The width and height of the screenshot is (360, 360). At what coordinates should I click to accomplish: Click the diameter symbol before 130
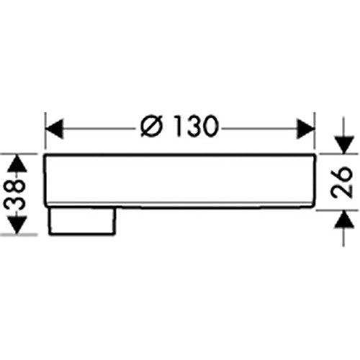[x=151, y=126]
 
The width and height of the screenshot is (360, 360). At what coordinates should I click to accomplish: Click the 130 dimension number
[x=196, y=125]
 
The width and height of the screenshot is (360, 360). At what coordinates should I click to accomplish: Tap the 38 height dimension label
[x=15, y=194]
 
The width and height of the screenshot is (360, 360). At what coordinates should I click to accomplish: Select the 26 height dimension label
[x=343, y=181]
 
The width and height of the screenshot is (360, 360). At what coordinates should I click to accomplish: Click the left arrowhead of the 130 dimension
[x=54, y=129]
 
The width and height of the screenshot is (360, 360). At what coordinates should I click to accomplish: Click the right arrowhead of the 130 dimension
[x=305, y=129]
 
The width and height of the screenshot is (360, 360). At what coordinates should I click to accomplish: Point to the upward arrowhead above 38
[x=17, y=163]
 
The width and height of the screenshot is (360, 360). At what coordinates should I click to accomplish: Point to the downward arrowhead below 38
[x=17, y=225]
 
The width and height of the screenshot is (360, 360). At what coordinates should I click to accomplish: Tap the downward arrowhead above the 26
[x=344, y=145]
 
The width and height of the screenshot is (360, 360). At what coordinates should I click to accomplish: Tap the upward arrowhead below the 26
[x=344, y=219]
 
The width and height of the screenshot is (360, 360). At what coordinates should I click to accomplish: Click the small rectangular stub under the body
[x=82, y=220]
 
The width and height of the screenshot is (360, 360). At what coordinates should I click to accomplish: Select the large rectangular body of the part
[x=179, y=180]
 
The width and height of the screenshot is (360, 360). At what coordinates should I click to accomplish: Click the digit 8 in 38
[x=15, y=187]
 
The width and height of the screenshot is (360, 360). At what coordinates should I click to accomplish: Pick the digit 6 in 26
[x=343, y=174]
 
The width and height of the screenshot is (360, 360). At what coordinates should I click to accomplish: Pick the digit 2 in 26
[x=343, y=190]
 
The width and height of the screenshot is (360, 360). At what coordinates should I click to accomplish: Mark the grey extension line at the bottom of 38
[x=19, y=235]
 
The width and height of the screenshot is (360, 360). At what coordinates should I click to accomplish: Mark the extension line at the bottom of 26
[x=337, y=210]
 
